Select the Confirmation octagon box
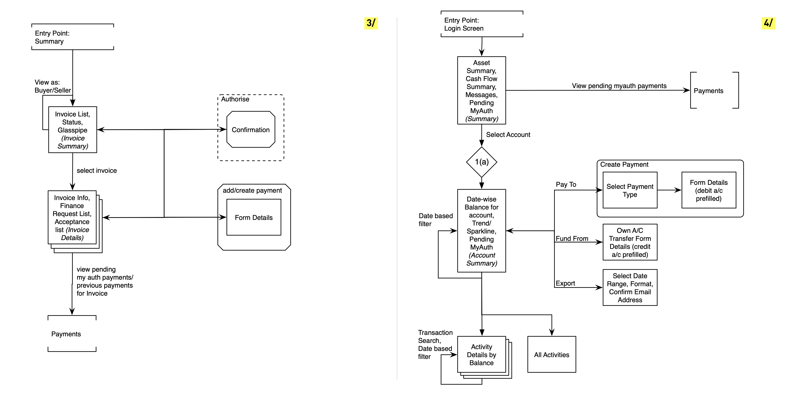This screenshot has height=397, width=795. [x=251, y=130]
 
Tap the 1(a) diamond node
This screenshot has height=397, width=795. [x=482, y=162]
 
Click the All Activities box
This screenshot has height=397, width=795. [x=551, y=354]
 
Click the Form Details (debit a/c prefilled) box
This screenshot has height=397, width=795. [x=709, y=190]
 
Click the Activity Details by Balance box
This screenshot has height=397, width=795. [x=482, y=354]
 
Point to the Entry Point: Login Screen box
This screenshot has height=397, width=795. [x=482, y=24]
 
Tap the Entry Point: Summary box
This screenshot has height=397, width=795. [x=72, y=37]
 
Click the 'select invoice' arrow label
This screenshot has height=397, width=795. [x=97, y=170]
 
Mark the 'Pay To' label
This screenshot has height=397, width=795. [x=566, y=184]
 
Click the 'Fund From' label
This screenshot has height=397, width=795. [x=572, y=239]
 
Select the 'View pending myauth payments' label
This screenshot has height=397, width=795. [x=619, y=86]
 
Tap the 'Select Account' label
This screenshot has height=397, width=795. [x=508, y=135]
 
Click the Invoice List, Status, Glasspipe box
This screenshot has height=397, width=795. [x=72, y=130]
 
